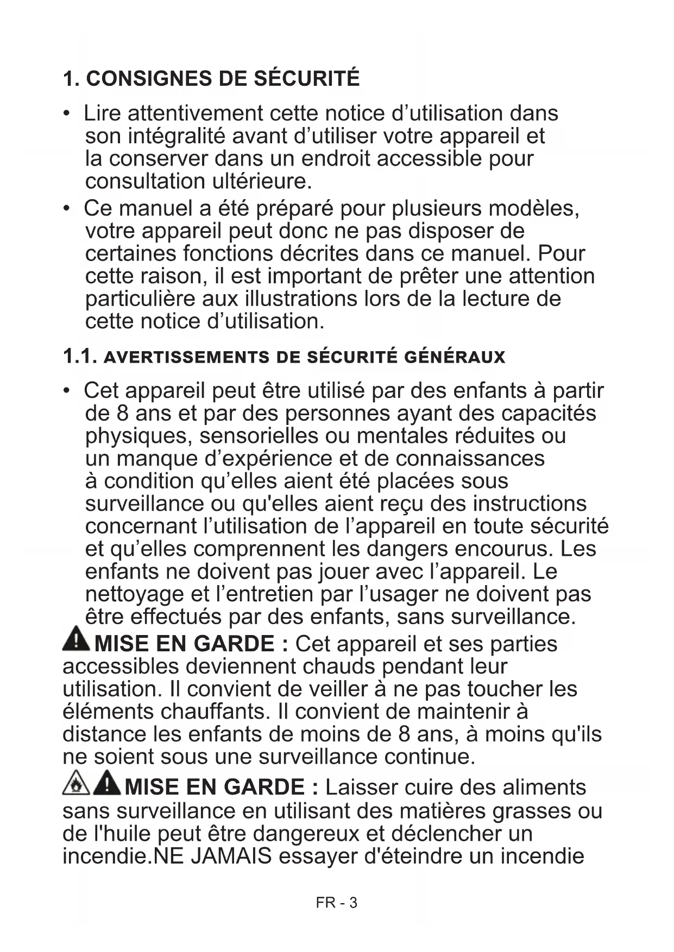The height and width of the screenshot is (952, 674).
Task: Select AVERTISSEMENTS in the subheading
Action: point(186,358)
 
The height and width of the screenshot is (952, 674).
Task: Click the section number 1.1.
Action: point(80,357)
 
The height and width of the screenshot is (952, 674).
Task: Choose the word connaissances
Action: point(470,459)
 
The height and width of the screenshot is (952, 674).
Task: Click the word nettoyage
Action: point(135,594)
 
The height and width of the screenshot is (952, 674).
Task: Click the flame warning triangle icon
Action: point(75,784)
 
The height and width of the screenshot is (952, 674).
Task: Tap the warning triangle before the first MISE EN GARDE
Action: point(76,640)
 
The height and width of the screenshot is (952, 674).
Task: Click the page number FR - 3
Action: point(337,903)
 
